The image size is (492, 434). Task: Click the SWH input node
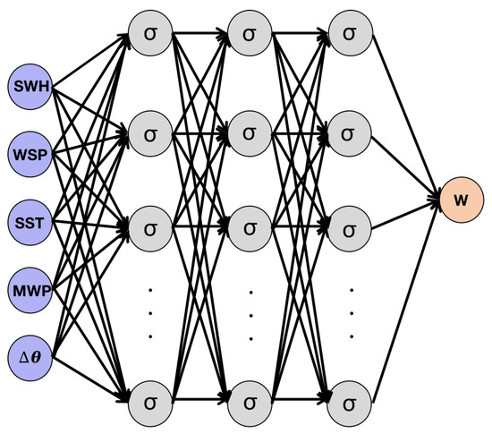click(31, 89)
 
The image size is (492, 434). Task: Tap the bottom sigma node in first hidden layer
click(149, 399)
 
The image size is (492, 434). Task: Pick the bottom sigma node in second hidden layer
click(250, 399)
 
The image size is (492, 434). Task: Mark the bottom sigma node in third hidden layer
click(350, 399)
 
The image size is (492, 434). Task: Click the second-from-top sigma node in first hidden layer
click(149, 132)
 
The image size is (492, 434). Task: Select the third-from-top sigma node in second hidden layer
click(250, 224)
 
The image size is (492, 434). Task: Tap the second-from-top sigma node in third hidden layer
click(350, 132)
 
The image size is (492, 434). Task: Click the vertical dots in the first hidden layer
click(149, 313)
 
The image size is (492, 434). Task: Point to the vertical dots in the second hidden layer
click(250, 313)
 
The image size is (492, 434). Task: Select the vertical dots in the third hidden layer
click(350, 313)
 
